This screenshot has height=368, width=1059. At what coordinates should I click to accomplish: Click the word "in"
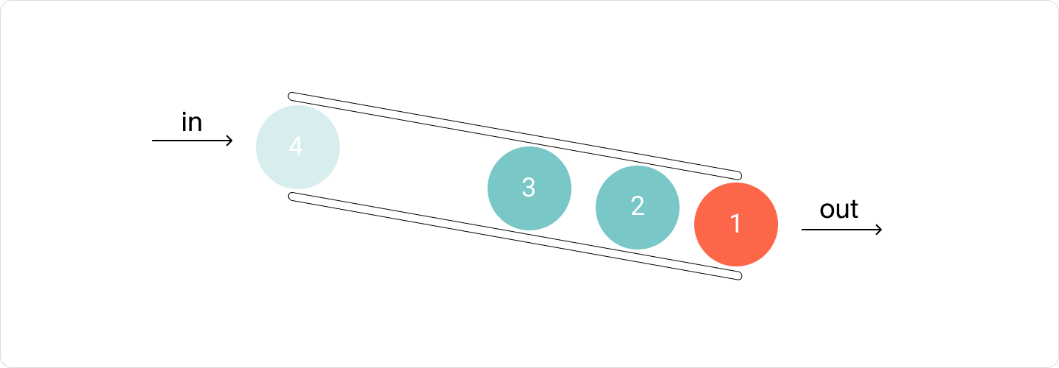coord(192,122)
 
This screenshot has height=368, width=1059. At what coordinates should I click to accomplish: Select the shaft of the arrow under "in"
coord(192,141)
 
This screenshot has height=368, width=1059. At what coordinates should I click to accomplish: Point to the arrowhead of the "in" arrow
coord(229,141)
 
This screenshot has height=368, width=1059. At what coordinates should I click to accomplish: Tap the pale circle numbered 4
coord(298,147)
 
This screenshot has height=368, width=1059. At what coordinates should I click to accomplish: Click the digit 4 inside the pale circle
coord(296,146)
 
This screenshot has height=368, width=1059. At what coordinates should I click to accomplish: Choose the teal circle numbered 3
coord(529,188)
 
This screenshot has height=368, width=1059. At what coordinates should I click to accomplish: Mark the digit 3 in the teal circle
coord(529,187)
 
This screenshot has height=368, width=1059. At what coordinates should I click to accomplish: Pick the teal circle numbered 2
coord(638,207)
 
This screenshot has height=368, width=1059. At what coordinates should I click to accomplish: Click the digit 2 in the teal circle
coord(638,206)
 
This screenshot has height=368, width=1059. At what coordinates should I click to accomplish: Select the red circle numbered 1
coord(736,224)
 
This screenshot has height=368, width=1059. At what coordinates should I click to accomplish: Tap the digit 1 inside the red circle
coord(735,223)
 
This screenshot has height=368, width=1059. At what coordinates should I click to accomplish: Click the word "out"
coord(838,209)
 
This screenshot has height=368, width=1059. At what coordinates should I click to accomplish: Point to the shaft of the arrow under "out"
coord(841,230)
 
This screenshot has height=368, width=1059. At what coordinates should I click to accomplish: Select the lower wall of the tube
coord(515,236)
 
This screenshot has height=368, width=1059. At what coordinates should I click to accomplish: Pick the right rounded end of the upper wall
coord(738,175)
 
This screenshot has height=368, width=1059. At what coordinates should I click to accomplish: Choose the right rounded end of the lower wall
coord(738,276)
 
